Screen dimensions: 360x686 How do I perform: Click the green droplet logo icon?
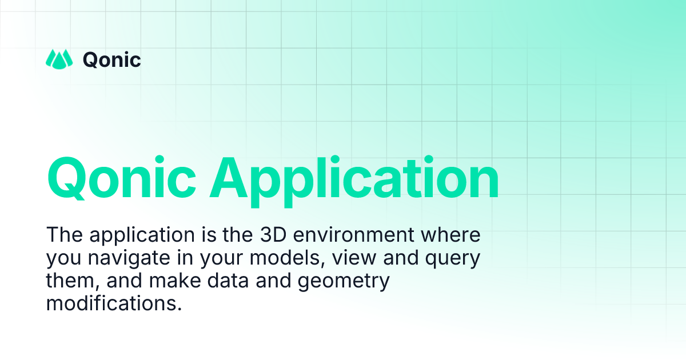(59, 59)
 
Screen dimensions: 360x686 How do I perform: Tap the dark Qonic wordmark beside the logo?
(112, 59)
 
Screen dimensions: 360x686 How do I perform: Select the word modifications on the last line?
(113, 303)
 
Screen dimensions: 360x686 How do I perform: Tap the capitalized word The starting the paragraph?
(64, 235)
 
